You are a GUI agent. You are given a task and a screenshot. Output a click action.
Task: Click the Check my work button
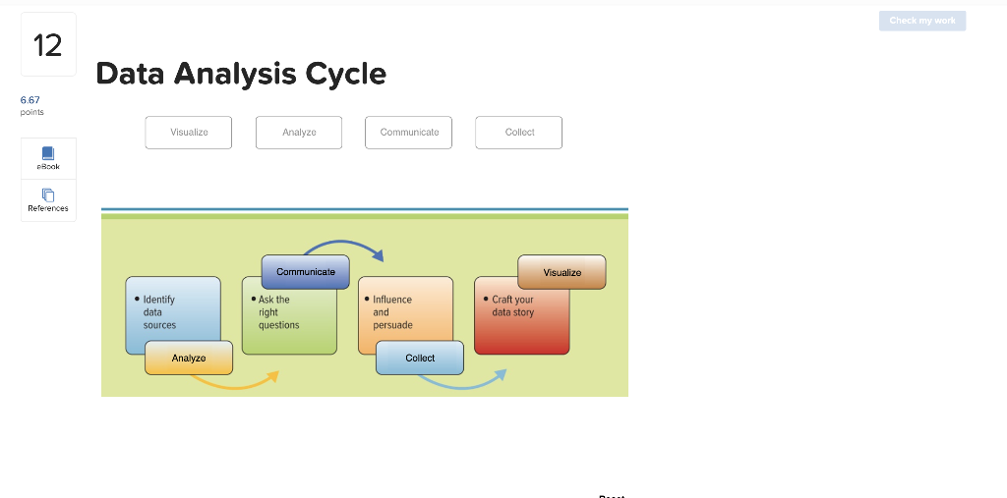pyautogui.click(x=921, y=21)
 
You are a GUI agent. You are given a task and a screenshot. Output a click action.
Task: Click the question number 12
pyautogui.click(x=47, y=45)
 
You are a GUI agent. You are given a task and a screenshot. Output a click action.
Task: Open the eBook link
pyautogui.click(x=48, y=158)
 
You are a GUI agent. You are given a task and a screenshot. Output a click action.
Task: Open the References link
pyautogui.click(x=48, y=200)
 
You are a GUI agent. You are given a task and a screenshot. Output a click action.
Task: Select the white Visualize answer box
pyautogui.click(x=189, y=133)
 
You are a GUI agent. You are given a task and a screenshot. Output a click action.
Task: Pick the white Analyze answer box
pyautogui.click(x=299, y=133)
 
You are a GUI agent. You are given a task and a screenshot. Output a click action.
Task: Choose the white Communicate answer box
pyautogui.click(x=409, y=133)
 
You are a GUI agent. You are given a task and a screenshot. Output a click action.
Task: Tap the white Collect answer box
pyautogui.click(x=519, y=133)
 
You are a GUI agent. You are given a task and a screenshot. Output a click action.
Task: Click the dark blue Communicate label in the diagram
pyautogui.click(x=306, y=272)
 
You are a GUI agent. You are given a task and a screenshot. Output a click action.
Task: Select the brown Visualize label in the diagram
pyautogui.click(x=562, y=272)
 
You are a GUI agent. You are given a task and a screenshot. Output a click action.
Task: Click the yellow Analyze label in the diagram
pyautogui.click(x=189, y=358)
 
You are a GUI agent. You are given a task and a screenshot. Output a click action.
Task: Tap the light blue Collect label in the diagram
pyautogui.click(x=420, y=358)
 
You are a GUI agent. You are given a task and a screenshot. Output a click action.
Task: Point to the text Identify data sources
pyautogui.click(x=159, y=312)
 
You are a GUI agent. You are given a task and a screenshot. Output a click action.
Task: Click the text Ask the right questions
pyautogui.click(x=278, y=312)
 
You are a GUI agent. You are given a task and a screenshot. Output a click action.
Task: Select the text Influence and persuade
pyautogui.click(x=392, y=312)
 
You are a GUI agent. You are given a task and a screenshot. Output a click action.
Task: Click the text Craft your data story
pyautogui.click(x=512, y=305)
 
